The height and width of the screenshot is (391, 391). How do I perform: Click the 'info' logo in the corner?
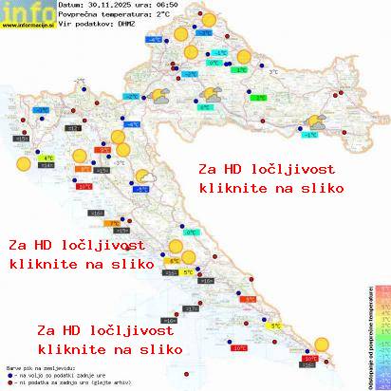(x=27, y=11)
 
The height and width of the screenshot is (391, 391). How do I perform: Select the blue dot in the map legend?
(x=9, y=372)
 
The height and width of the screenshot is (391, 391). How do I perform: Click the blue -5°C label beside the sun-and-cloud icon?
(x=141, y=189)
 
